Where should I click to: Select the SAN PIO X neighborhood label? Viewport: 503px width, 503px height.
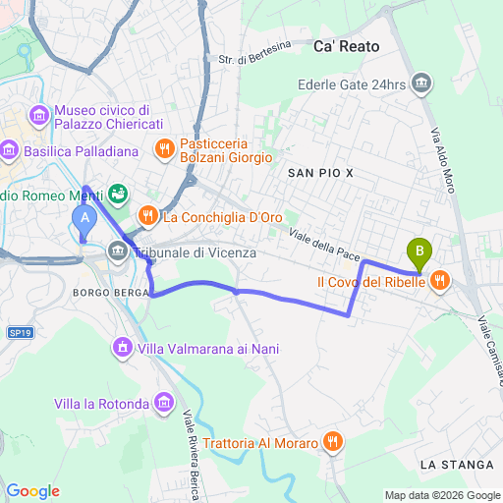319,172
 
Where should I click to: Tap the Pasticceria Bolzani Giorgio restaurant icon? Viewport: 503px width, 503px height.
164,148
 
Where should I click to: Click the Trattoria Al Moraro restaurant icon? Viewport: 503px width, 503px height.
335,443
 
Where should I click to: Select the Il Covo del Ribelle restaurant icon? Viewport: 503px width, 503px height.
439,281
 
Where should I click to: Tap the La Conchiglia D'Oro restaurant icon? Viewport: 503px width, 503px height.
147,215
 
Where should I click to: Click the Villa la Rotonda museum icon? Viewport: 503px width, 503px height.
164,403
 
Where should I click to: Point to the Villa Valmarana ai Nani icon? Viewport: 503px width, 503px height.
123,348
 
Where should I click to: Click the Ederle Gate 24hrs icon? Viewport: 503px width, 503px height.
421,84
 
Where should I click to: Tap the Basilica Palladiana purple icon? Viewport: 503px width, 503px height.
11,150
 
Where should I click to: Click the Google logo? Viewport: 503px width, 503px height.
32,490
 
